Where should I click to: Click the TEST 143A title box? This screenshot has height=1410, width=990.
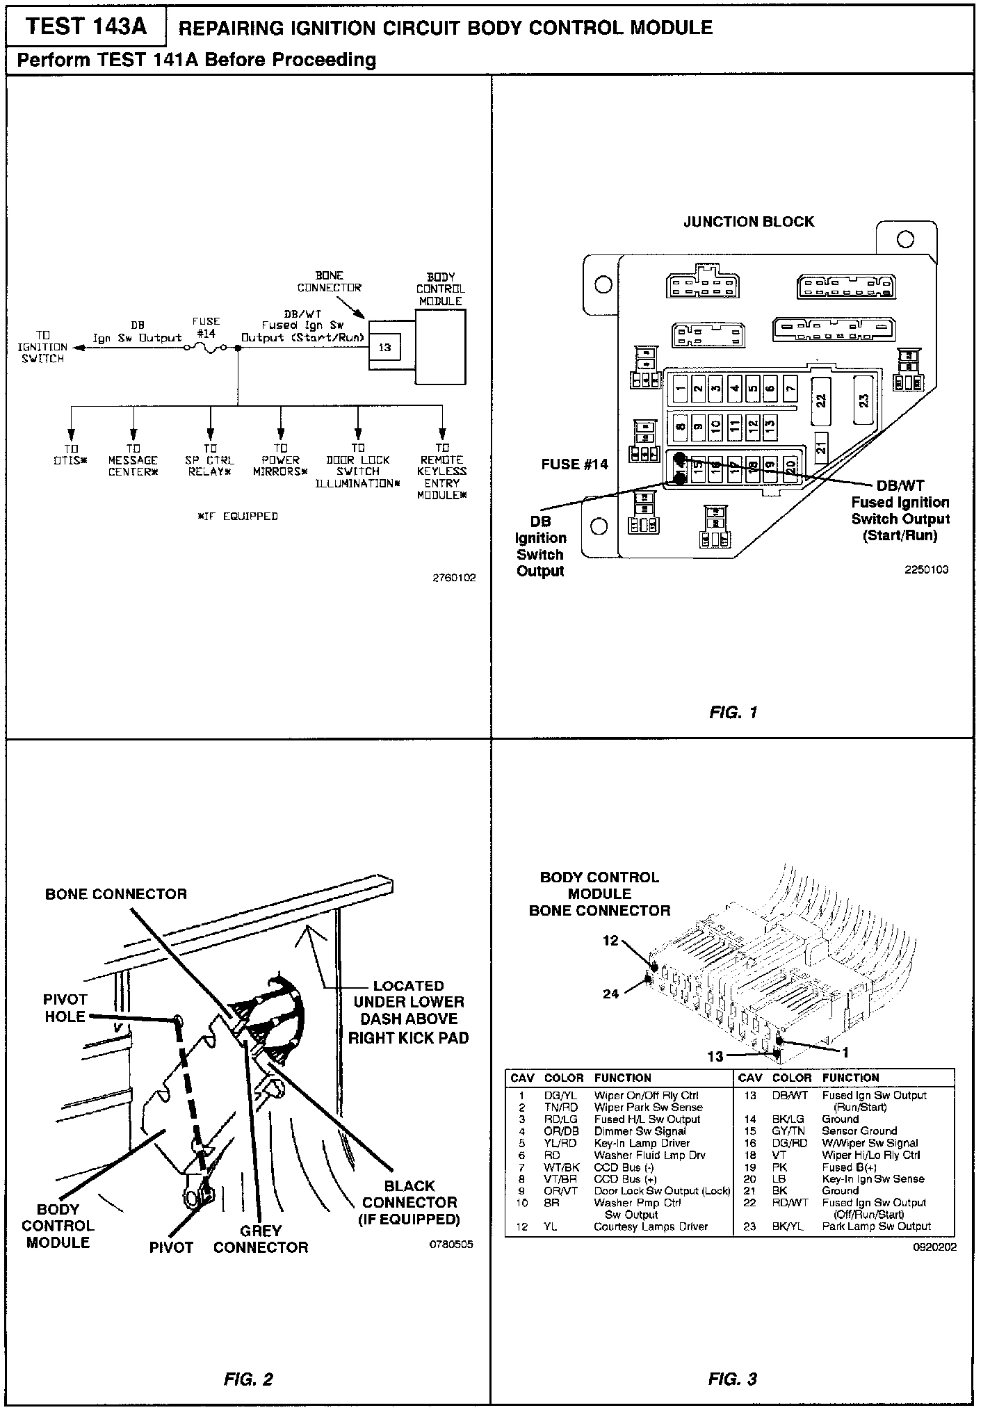click(86, 26)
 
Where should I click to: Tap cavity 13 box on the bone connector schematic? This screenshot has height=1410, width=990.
click(384, 347)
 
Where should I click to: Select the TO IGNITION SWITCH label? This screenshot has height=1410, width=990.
click(42, 347)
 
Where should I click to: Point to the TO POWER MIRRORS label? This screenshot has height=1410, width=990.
click(280, 460)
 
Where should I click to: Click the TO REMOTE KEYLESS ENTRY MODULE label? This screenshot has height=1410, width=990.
click(442, 471)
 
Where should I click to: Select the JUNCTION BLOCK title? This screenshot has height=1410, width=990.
click(749, 222)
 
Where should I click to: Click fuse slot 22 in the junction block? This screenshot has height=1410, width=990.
click(821, 400)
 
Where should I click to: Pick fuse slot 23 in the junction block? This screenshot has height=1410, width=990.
click(864, 400)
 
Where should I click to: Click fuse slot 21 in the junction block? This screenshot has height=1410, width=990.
click(821, 448)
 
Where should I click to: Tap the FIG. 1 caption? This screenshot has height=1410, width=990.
click(733, 712)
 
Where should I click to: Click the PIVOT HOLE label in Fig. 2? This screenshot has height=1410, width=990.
click(65, 1008)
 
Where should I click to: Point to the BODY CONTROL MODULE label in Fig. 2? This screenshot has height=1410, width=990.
click(58, 1226)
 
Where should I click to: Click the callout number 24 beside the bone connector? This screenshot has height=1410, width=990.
click(610, 994)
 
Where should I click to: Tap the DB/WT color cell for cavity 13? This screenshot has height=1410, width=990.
click(790, 1095)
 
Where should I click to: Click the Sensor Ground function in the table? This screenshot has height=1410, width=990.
click(859, 1131)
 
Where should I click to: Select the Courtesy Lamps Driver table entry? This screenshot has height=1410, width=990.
click(650, 1226)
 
